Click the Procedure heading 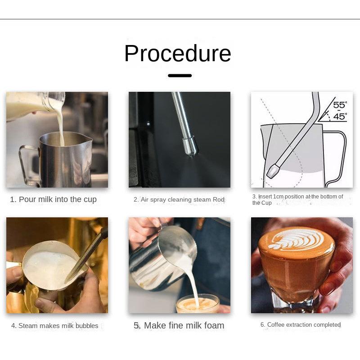coord(177,54)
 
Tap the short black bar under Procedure coord(180,76)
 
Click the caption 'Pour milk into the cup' coord(58,199)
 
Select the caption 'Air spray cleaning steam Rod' coord(183,199)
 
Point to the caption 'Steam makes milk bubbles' coord(58,325)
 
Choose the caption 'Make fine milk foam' coord(184,325)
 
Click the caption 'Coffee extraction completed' coord(304,324)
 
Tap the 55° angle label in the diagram coord(340,105)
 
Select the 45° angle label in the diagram coord(340,117)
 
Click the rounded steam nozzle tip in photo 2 coord(190,147)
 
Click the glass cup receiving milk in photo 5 coord(198,303)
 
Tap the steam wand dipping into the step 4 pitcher coord(87,255)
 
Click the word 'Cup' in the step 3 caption coord(266,203)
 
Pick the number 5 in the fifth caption coord(136,325)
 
